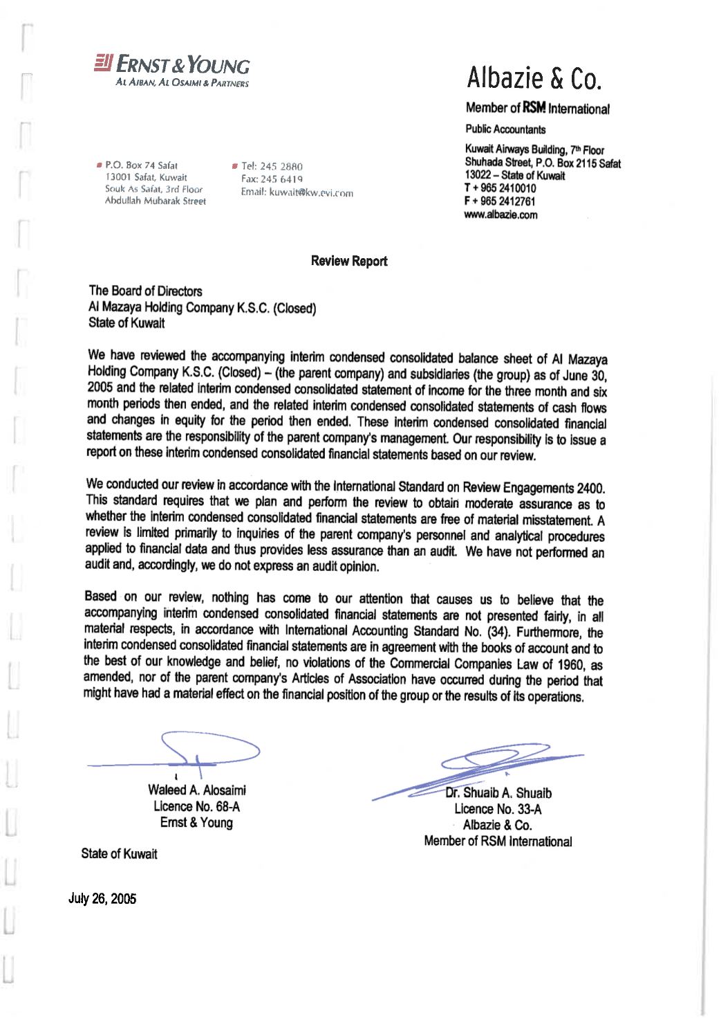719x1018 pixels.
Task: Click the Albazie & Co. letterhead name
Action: tap(534, 78)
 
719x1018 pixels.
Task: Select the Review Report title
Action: tap(349, 261)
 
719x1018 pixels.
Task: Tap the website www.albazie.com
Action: tap(501, 215)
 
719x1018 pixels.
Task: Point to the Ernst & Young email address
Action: tap(297, 192)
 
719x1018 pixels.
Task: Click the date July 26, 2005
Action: tap(102, 898)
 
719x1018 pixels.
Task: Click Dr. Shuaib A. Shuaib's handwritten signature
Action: tap(484, 768)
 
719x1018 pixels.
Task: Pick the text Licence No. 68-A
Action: tap(196, 806)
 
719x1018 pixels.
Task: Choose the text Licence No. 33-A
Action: tap(498, 809)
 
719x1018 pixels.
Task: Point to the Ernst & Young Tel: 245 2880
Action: tap(272, 166)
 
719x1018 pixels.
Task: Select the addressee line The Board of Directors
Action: tap(145, 291)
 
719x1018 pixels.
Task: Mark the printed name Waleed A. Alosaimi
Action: tap(196, 790)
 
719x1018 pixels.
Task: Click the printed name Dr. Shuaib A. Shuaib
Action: tap(498, 793)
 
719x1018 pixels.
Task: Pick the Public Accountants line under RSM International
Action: tap(505, 129)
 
